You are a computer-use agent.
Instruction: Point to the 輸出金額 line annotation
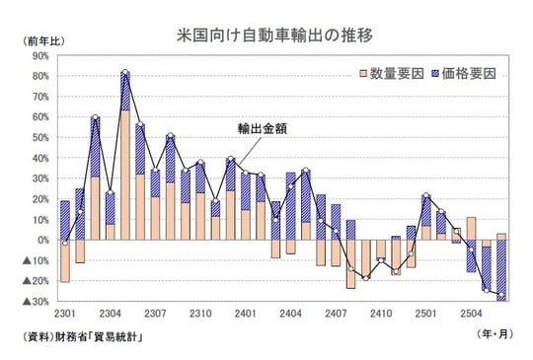(262, 129)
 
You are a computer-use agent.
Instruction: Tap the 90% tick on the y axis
(39, 55)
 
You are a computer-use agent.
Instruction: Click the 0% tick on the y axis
(42, 240)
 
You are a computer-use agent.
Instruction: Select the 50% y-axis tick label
(39, 137)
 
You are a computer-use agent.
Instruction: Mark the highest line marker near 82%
(125, 73)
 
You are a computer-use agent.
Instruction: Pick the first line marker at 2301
(65, 242)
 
